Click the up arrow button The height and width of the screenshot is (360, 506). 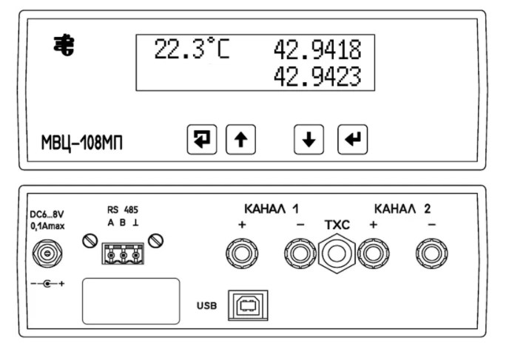click(240, 140)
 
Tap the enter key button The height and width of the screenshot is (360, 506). click(352, 140)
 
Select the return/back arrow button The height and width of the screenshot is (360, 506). click(202, 140)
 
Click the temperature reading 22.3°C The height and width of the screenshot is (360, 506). click(192, 49)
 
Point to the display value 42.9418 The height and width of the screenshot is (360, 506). click(317, 50)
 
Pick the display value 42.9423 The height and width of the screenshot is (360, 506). click(317, 76)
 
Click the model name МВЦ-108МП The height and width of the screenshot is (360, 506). click(82, 143)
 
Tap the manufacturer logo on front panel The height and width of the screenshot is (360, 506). click(64, 45)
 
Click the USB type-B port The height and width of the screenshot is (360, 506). click(248, 305)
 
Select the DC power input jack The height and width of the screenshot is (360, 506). click(47, 254)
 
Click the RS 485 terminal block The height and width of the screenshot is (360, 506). click(123, 254)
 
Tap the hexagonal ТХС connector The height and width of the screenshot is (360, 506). click(337, 254)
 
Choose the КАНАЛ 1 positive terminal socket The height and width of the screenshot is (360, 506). click(242, 254)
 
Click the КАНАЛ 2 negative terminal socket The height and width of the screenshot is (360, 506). click(432, 254)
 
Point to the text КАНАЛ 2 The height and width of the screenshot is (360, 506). click(402, 209)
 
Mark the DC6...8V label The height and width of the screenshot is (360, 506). click(47, 214)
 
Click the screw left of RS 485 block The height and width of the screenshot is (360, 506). click(90, 241)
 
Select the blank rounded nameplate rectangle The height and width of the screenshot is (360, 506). click(131, 302)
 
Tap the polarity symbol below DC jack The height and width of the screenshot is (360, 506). click(47, 284)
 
